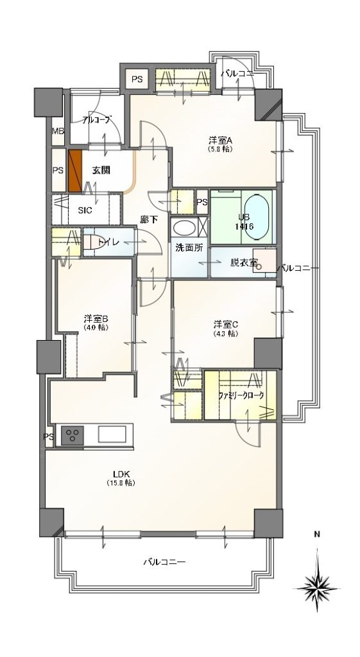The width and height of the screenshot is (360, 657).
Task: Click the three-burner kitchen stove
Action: click(73, 436)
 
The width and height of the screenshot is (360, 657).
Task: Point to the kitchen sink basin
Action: click(114, 435)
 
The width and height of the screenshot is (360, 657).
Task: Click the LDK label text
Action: click(123, 474)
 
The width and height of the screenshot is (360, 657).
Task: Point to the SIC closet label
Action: click(85, 210)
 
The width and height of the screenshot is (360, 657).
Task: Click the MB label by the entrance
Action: click(58, 132)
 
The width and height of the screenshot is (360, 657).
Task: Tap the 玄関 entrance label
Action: click(101, 170)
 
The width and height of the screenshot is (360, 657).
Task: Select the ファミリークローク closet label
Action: click(241, 396)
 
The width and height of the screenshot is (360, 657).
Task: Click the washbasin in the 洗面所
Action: click(186, 228)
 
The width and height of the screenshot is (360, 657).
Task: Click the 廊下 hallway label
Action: click(149, 220)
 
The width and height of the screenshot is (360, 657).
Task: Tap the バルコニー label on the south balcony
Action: click(164, 562)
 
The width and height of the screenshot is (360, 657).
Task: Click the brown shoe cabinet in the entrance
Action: click(76, 171)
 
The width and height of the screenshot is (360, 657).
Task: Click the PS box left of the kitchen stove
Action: click(48, 437)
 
